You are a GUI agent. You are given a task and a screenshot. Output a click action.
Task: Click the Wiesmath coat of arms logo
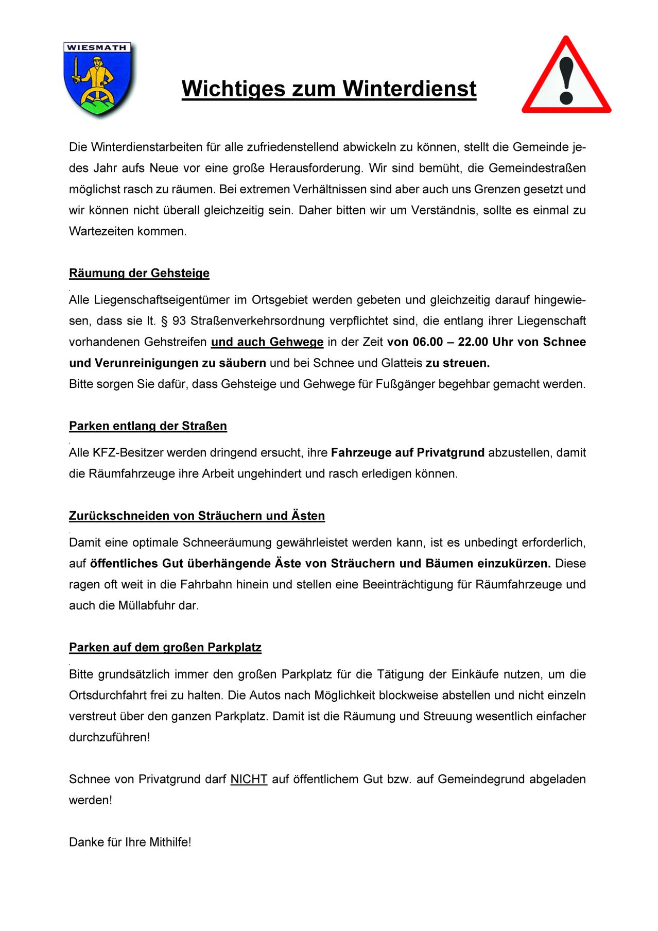click(x=98, y=78)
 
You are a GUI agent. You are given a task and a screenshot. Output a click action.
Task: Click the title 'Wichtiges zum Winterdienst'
click(x=329, y=89)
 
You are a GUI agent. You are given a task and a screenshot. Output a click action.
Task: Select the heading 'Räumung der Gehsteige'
click(x=139, y=273)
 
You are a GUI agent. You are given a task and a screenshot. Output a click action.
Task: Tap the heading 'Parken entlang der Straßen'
click(x=148, y=426)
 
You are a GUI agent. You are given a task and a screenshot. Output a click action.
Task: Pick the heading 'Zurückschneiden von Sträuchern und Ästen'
click(x=197, y=516)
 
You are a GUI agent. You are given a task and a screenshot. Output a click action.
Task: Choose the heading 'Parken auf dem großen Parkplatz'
click(x=165, y=648)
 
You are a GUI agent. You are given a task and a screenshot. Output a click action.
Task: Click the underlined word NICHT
click(x=249, y=779)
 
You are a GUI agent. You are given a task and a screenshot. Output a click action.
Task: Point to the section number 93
click(x=179, y=321)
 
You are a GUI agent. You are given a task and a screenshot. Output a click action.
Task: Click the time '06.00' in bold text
click(x=427, y=342)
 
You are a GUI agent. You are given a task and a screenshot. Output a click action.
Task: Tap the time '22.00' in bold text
click(x=473, y=342)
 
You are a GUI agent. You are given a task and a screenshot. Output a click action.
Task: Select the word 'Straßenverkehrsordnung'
click(x=258, y=321)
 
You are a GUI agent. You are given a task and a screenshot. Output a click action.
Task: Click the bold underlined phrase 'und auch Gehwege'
click(x=267, y=342)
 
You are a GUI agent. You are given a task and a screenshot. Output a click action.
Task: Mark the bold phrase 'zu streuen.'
click(x=458, y=363)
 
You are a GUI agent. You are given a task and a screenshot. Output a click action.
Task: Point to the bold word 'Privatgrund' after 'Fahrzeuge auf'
click(x=451, y=453)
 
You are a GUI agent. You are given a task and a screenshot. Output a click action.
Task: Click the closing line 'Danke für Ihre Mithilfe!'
click(x=130, y=842)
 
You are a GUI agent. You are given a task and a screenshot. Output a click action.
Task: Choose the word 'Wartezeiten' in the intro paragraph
click(x=101, y=231)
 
